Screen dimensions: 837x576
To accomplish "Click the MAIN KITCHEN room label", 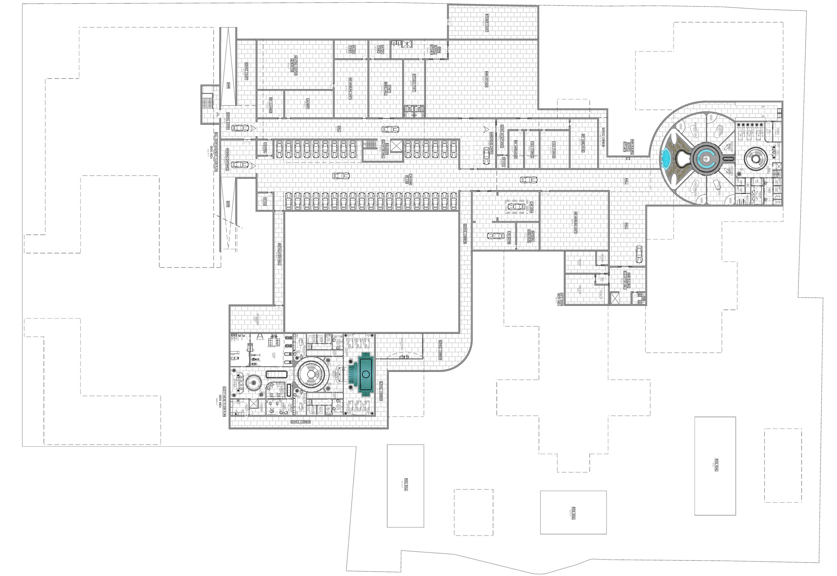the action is pyautogui.click(x=486, y=79).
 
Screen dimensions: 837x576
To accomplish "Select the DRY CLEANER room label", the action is pyautogui.click(x=271, y=105).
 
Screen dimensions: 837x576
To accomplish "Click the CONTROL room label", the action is pyautogui.click(x=266, y=148).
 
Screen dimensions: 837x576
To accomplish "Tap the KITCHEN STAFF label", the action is pyautogui.click(x=414, y=83).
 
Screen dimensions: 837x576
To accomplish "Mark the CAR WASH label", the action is pyautogui.click(x=531, y=207).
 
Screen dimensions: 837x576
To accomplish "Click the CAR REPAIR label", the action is pyautogui.click(x=509, y=238).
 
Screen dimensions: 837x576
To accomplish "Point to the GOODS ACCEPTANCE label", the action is pyautogui.click(x=502, y=136).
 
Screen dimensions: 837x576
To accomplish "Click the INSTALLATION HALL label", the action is pyautogui.click(x=279, y=254).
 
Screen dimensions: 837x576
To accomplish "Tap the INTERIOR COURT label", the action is pyautogui.click(x=486, y=23).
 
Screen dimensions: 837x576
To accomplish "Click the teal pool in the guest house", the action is pyautogui.click(x=365, y=374).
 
